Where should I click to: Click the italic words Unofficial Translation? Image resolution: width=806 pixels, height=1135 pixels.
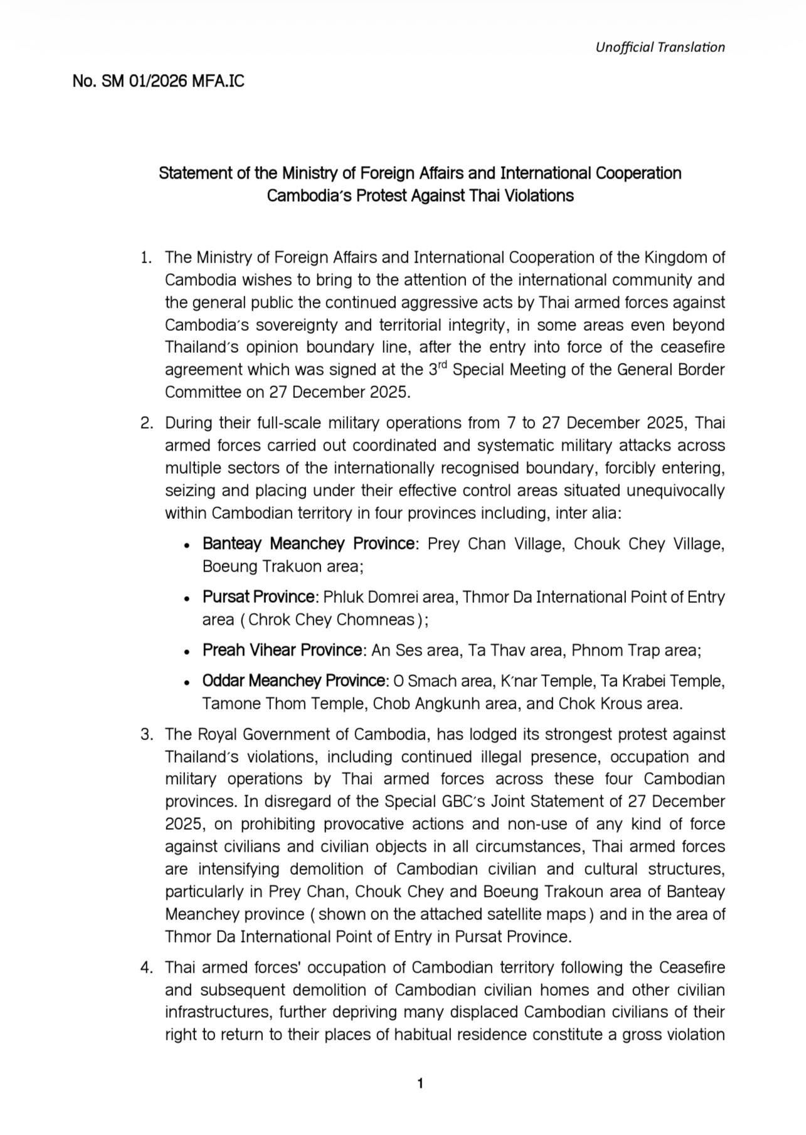(660, 47)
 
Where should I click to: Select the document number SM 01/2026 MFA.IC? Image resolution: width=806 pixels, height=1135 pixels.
(158, 81)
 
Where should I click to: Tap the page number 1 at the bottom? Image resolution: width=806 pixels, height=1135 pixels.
(420, 1083)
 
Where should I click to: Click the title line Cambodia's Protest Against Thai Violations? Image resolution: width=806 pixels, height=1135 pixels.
(420, 196)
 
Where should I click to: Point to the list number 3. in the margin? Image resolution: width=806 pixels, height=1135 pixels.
(147, 734)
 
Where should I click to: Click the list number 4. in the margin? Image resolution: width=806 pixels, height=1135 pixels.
(147, 967)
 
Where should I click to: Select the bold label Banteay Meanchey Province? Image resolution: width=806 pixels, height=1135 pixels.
(308, 543)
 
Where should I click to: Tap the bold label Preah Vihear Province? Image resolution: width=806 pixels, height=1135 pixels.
(282, 650)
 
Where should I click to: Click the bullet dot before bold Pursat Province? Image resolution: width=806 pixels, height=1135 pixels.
(186, 599)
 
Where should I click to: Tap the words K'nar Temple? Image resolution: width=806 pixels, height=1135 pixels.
(536, 681)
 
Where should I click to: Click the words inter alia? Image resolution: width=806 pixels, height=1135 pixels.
(586, 513)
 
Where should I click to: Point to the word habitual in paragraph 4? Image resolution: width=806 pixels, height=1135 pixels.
(423, 1034)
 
